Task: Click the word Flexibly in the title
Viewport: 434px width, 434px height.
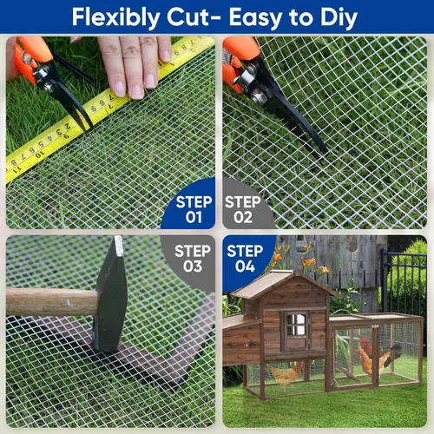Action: click(115, 18)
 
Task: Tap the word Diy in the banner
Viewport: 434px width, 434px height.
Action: click(339, 18)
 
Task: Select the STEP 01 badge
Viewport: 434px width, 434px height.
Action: click(189, 206)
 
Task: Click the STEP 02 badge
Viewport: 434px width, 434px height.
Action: click(246, 206)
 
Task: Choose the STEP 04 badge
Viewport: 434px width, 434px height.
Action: click(246, 259)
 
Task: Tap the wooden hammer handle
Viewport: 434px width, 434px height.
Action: click(51, 302)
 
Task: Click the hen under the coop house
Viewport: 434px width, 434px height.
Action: click(286, 375)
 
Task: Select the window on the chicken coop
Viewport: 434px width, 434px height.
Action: click(296, 325)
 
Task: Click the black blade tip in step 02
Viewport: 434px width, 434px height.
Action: click(325, 151)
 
